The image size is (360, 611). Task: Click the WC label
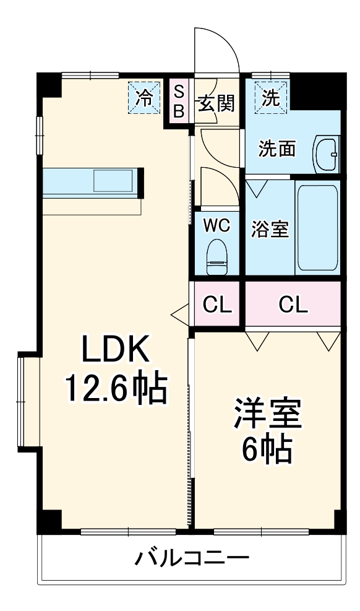point(216,225)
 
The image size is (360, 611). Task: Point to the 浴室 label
point(269,229)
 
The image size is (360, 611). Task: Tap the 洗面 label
point(276,149)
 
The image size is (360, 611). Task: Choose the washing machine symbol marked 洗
point(270,97)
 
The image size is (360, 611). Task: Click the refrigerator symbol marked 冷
point(144,97)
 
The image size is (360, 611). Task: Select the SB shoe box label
point(178,102)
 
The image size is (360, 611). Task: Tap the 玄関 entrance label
point(216,103)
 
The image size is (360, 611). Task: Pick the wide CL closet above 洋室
point(293,304)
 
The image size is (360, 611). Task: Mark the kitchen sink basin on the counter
point(113,181)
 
